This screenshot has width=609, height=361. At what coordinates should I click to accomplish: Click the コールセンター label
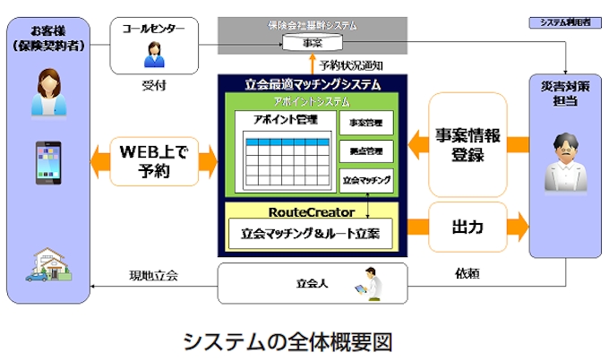pos(153,29)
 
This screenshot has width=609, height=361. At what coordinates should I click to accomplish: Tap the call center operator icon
pos(152,56)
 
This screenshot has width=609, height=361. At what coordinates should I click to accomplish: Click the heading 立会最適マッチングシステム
pos(312,84)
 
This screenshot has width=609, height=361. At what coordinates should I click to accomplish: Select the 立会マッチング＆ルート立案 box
pos(311,234)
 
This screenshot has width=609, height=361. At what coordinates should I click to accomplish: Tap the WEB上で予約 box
pos(155,161)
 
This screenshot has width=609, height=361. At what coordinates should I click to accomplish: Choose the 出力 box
pos(467,226)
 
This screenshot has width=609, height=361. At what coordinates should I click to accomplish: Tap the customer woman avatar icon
pos(47,89)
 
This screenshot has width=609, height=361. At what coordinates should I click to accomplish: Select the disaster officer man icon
pos(564,161)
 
